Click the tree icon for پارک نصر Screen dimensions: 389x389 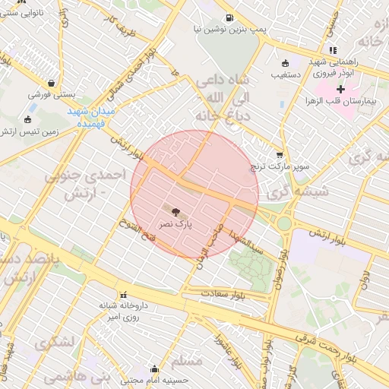coord(176,212)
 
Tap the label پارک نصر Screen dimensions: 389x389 coord(176,225)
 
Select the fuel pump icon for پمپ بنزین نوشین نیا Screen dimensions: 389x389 coord(228,17)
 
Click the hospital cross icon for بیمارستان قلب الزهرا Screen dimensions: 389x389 coord(340,90)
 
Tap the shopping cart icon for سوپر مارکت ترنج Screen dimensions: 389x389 coord(280,154)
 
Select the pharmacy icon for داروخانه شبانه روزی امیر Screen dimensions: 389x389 coord(122,295)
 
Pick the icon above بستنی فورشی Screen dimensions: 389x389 coord(51,84)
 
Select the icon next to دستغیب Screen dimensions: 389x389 coord(285,64)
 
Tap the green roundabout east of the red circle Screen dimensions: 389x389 coord(285,223)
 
